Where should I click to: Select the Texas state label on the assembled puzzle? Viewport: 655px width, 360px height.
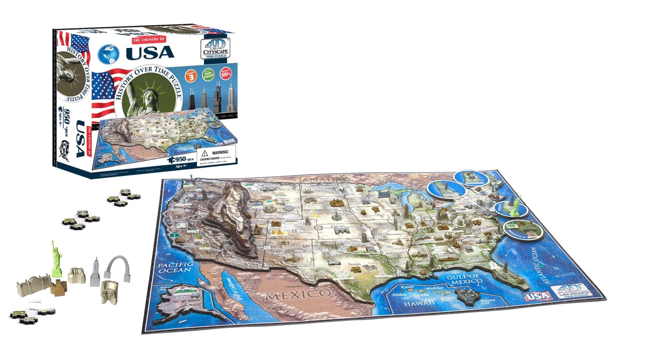coord(354,264)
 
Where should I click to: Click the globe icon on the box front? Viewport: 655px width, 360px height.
coord(108,53)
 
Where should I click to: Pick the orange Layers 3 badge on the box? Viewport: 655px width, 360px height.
coord(191,76)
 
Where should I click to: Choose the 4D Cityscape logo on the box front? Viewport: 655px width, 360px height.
coord(216,49)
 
